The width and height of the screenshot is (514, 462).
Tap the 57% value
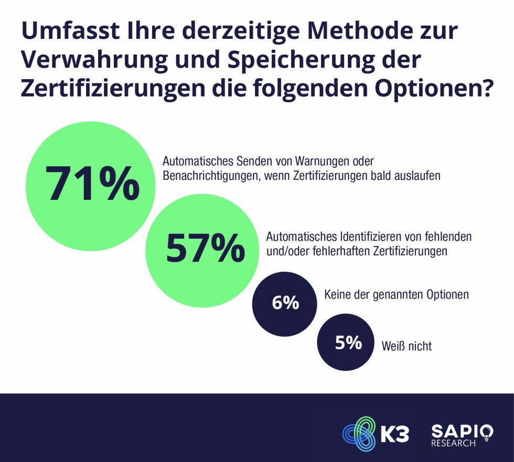[x=205, y=248]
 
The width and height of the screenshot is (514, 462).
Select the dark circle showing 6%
[x=285, y=303]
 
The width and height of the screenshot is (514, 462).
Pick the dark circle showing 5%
[x=348, y=343]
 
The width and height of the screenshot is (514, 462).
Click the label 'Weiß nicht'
[x=406, y=346]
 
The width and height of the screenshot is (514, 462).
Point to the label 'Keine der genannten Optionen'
[x=396, y=295]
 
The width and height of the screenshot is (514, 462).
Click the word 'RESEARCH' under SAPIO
[x=453, y=444]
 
